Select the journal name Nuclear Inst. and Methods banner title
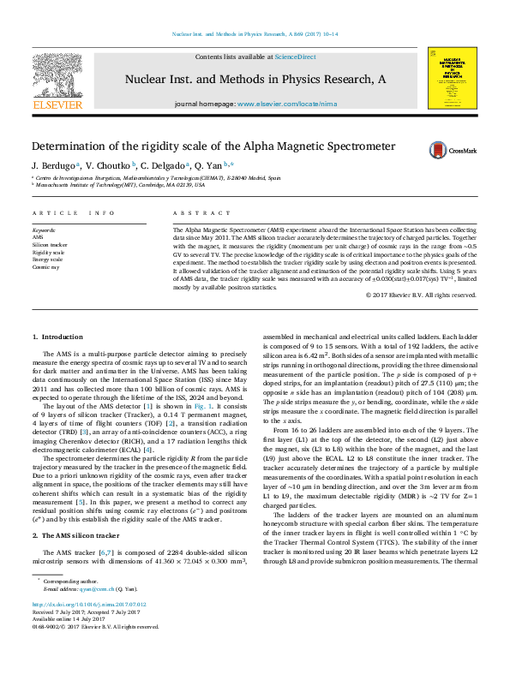(x=255, y=80)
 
